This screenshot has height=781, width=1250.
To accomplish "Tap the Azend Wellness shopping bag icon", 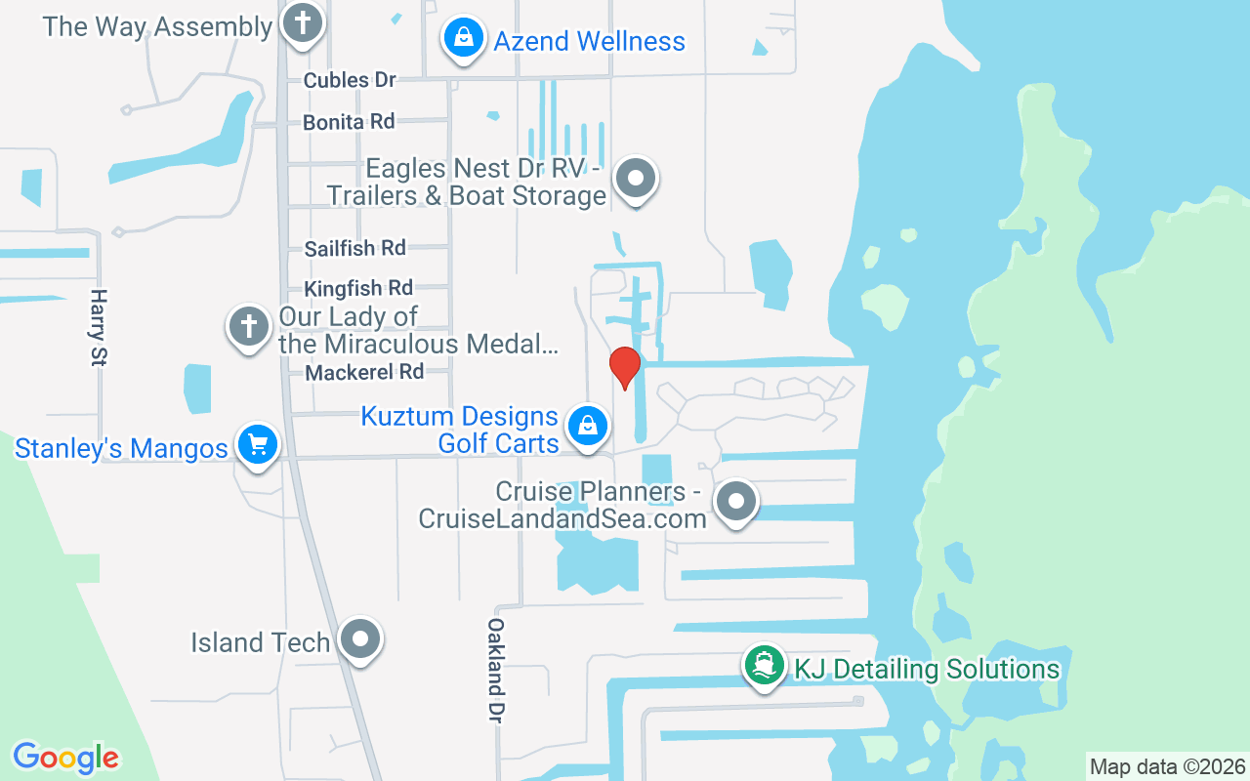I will point(464,39).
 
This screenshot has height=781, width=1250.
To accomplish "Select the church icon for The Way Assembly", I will point(302,24).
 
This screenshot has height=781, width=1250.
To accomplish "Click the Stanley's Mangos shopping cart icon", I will point(258,445).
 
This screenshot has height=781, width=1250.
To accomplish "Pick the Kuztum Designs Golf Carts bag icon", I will point(588,426).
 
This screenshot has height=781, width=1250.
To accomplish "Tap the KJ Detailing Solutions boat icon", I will point(765,666).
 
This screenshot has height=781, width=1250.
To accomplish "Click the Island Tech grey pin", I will point(360,639).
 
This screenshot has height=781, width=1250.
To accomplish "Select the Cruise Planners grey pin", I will point(736,502).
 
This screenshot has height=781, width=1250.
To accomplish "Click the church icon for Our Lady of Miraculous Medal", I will point(249,326).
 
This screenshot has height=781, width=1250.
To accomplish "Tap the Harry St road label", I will point(98,327).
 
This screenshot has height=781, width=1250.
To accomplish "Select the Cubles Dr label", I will point(350,80).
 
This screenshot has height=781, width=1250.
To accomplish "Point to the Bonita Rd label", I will point(349,122).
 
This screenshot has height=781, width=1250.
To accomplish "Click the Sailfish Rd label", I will point(354,248).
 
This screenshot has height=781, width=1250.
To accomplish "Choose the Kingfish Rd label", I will point(358,288).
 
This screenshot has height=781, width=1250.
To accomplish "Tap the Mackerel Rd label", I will point(364,372).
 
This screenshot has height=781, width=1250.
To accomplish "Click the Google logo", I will point(65,758).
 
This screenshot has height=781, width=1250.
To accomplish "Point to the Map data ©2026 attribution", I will point(1168,766).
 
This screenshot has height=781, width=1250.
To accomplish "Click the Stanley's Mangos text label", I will point(121,449).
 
